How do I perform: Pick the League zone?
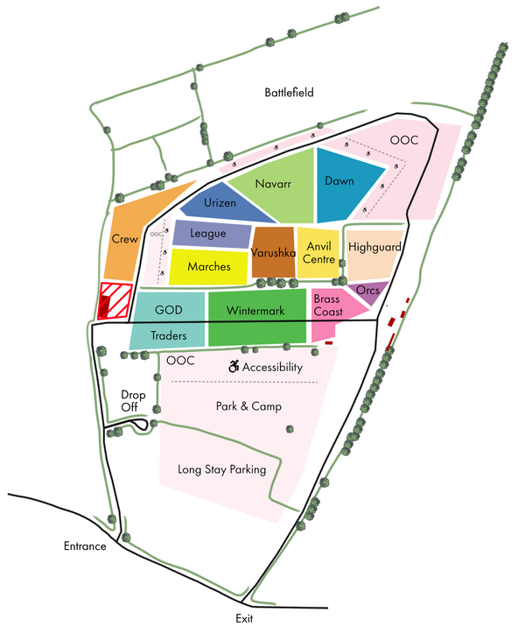[208, 234]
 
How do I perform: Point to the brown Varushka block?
[274, 253]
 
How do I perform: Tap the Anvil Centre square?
[319, 253]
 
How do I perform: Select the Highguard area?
[374, 248]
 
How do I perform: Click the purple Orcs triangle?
[368, 292]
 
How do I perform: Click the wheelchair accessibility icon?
[234, 366]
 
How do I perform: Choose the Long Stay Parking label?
[221, 469]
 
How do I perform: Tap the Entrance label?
[85, 546]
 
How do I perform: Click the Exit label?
[243, 618]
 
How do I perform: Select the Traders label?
[168, 336]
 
